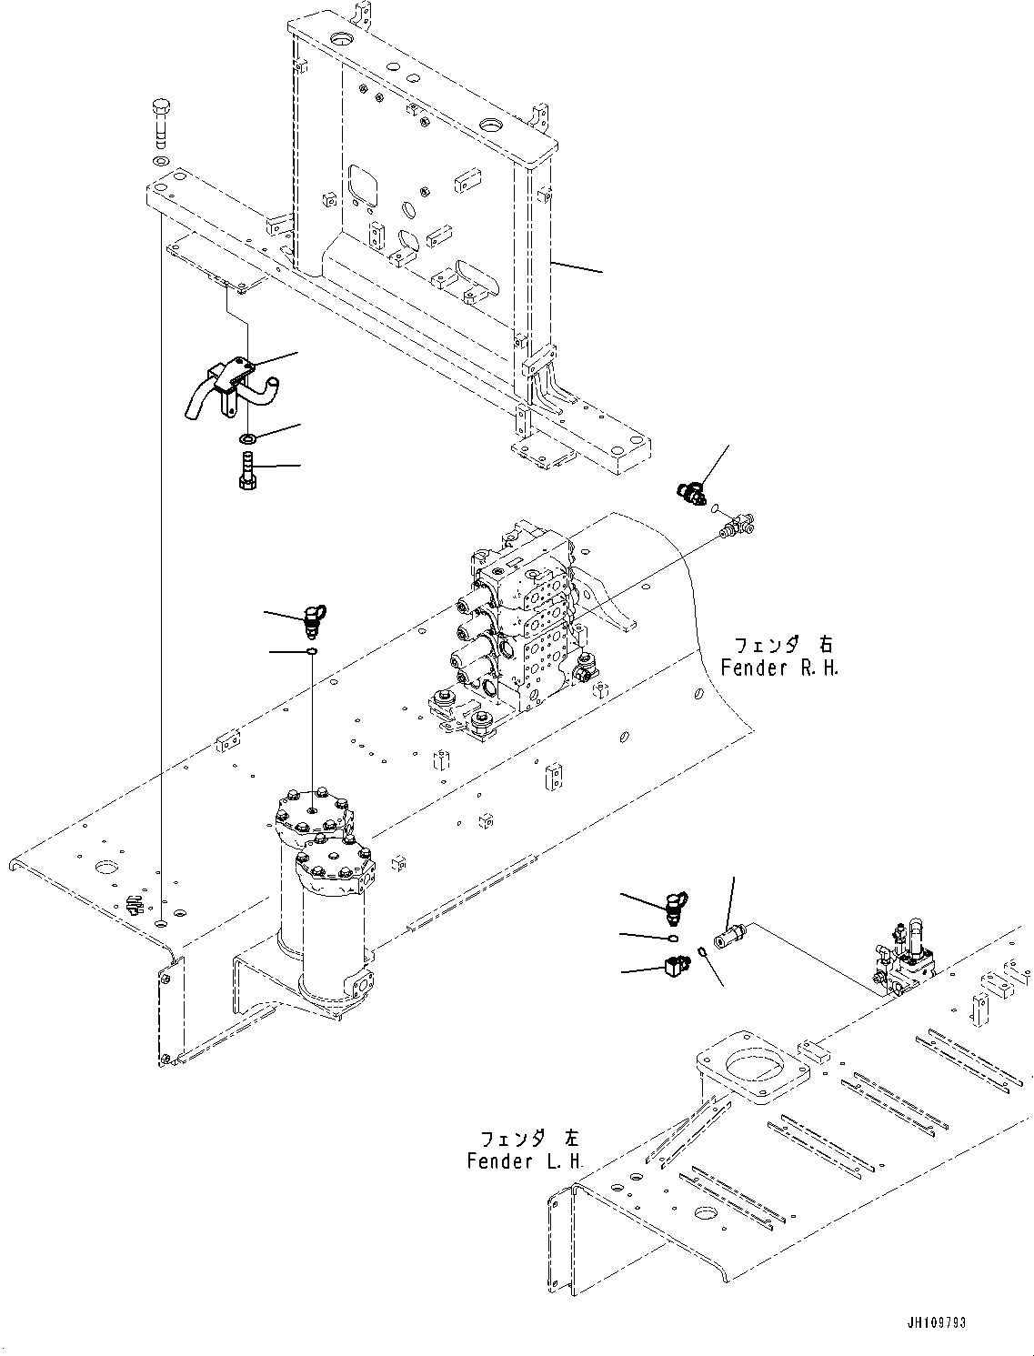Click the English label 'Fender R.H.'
click(779, 668)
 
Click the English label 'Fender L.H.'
click(525, 1161)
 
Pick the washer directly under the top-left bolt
click(161, 161)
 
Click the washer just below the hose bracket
click(246, 439)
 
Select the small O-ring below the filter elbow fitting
click(312, 651)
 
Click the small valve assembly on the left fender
click(906, 964)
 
